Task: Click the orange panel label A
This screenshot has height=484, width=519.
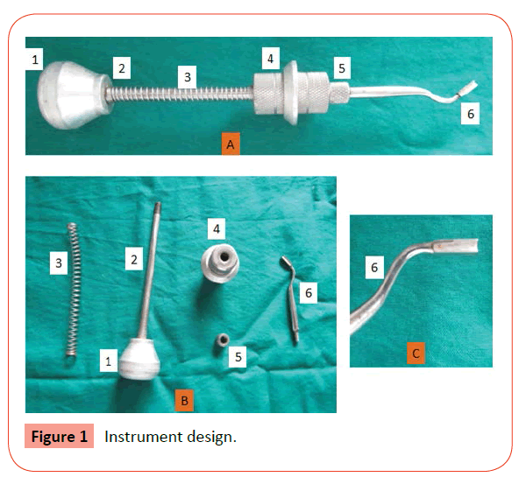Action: (x=231, y=144)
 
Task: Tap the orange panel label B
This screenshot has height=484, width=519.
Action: (x=184, y=401)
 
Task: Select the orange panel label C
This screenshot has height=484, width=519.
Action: (x=416, y=354)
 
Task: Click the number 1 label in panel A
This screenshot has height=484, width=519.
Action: (x=34, y=60)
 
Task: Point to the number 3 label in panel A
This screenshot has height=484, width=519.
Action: (x=188, y=77)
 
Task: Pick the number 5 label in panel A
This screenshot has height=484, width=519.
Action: (x=342, y=68)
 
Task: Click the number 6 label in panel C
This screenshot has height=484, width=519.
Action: (x=374, y=267)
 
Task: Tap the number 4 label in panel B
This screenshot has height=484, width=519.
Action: (x=217, y=228)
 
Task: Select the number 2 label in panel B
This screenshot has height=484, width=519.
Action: (x=134, y=259)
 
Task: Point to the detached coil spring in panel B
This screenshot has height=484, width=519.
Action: (x=74, y=290)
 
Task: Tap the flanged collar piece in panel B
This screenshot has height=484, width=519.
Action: (x=220, y=263)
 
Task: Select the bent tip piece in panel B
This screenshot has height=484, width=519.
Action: (x=290, y=299)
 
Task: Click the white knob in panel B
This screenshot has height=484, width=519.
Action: (x=139, y=359)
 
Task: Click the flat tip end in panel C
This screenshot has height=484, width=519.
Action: (x=456, y=247)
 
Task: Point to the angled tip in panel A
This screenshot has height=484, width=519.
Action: (x=466, y=89)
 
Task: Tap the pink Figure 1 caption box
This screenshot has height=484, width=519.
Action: (x=60, y=436)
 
